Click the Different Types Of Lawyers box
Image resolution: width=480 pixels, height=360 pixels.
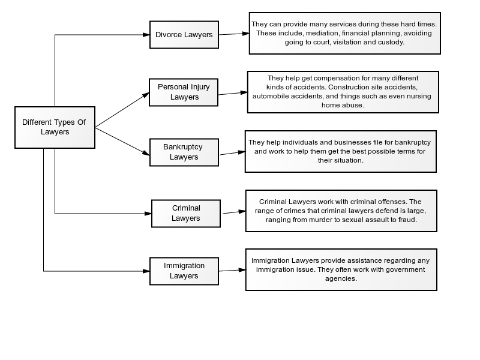click(x=55, y=127)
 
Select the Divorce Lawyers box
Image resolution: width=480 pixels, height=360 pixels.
click(x=184, y=35)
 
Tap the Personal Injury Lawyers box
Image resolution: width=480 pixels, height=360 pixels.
click(x=184, y=92)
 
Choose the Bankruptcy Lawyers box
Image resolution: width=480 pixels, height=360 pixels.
click(x=184, y=152)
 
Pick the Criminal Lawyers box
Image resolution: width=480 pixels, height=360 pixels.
click(x=186, y=214)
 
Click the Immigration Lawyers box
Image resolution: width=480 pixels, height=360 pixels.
click(x=184, y=271)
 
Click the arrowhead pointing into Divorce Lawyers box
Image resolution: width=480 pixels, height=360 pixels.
click(x=146, y=35)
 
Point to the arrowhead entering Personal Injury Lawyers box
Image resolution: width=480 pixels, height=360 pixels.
click(x=146, y=95)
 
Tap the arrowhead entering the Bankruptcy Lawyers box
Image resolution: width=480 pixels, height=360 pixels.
click(x=146, y=153)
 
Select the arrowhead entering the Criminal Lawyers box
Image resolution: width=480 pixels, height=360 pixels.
click(x=148, y=214)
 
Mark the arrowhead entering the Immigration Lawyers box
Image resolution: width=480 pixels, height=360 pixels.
click(x=146, y=271)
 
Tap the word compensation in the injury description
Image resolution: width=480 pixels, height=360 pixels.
click(x=334, y=79)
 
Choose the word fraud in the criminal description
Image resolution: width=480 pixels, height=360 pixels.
click(x=409, y=220)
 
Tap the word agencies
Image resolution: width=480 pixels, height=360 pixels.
click(x=341, y=278)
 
